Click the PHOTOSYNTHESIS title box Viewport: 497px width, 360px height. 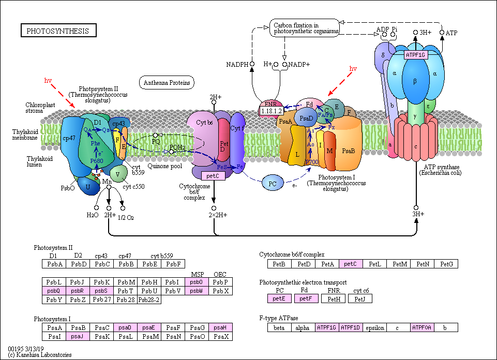coord(58,31)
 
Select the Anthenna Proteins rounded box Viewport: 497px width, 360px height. coord(167,82)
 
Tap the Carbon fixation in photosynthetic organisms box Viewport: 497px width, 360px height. coord(304,28)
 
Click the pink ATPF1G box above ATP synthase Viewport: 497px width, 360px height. coord(415,54)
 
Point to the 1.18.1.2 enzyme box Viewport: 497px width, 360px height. coord(271,111)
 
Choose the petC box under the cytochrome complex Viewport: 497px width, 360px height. coord(213,176)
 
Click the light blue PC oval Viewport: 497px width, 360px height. coord(273,183)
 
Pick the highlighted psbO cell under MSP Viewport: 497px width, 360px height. coord(197,282)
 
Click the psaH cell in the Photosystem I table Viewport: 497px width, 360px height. coord(220,327)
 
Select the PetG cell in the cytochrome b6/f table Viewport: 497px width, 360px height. coord(446,264)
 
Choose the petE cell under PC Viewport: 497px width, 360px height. coord(279,298)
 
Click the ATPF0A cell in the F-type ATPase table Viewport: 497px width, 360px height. coord(422,327)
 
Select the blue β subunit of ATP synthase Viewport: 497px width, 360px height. coord(415,82)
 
